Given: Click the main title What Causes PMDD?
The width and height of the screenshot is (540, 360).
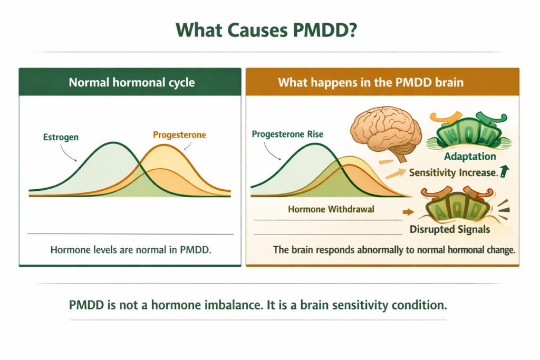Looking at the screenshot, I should pyautogui.click(x=269, y=30).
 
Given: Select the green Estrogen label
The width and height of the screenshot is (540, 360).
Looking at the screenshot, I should pyautogui.click(x=61, y=138).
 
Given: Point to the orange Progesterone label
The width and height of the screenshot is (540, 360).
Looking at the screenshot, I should pyautogui.click(x=179, y=135).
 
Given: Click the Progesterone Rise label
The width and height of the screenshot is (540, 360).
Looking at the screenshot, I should pyautogui.click(x=287, y=134).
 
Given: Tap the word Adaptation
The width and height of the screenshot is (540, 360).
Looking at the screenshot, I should pyautogui.click(x=470, y=157).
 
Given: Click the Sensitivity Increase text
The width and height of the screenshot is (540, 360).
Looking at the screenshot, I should pyautogui.click(x=453, y=172).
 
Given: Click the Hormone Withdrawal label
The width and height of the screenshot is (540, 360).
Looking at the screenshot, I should pyautogui.click(x=331, y=209).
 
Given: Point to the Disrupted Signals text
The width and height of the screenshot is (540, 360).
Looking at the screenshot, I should pyautogui.click(x=450, y=229).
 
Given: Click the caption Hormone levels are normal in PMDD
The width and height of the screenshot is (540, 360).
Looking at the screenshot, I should pyautogui.click(x=130, y=249).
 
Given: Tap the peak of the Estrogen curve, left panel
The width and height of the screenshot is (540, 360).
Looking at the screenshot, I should pyautogui.click(x=112, y=142).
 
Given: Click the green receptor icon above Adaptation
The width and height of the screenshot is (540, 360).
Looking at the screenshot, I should pyautogui.click(x=469, y=130).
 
